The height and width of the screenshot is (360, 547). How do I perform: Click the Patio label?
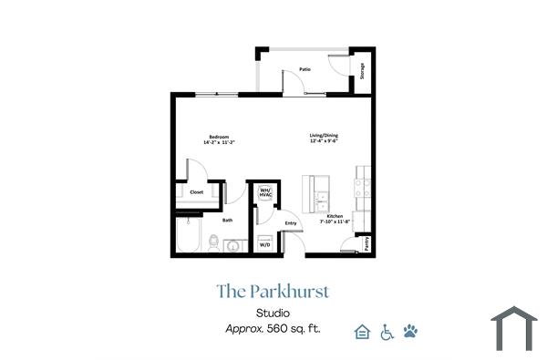(304, 68)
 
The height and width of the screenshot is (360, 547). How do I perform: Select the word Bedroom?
(219, 137)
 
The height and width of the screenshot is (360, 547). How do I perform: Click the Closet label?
(196, 192)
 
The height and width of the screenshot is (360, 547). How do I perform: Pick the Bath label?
(227, 220)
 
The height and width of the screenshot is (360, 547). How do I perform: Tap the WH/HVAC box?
(266, 193)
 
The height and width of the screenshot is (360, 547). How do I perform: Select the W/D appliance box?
(264, 245)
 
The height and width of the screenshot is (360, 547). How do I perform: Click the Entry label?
(292, 223)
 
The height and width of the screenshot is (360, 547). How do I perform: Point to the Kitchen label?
(335, 216)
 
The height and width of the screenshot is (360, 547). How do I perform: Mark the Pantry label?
(366, 243)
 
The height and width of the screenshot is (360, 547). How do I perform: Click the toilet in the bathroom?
(213, 243)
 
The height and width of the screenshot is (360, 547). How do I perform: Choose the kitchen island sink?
(322, 196)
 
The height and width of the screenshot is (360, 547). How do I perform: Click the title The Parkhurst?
(273, 292)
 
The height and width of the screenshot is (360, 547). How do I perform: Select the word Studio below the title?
(273, 314)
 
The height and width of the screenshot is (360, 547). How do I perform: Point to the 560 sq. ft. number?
(277, 329)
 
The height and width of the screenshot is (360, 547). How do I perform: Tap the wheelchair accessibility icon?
(386, 332)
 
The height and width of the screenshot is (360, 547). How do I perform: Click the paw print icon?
(410, 332)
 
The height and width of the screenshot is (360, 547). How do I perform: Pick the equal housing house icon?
(362, 332)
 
